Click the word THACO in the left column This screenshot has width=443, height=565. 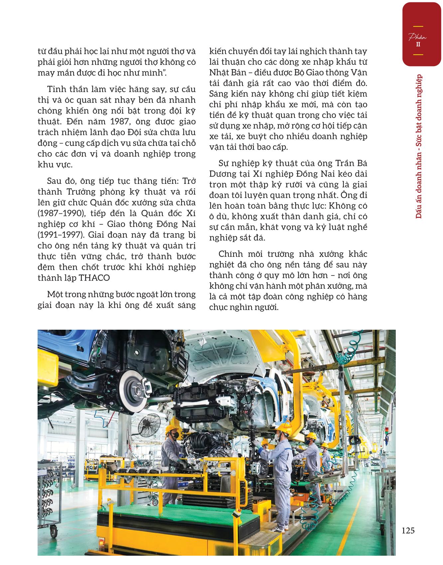tap(95, 278)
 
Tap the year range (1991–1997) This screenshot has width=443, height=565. tap(60, 235)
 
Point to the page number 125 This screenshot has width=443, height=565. tap(408, 530)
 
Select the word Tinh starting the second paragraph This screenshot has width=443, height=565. tap(57, 89)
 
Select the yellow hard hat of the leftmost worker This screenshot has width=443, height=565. tap(172, 429)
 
